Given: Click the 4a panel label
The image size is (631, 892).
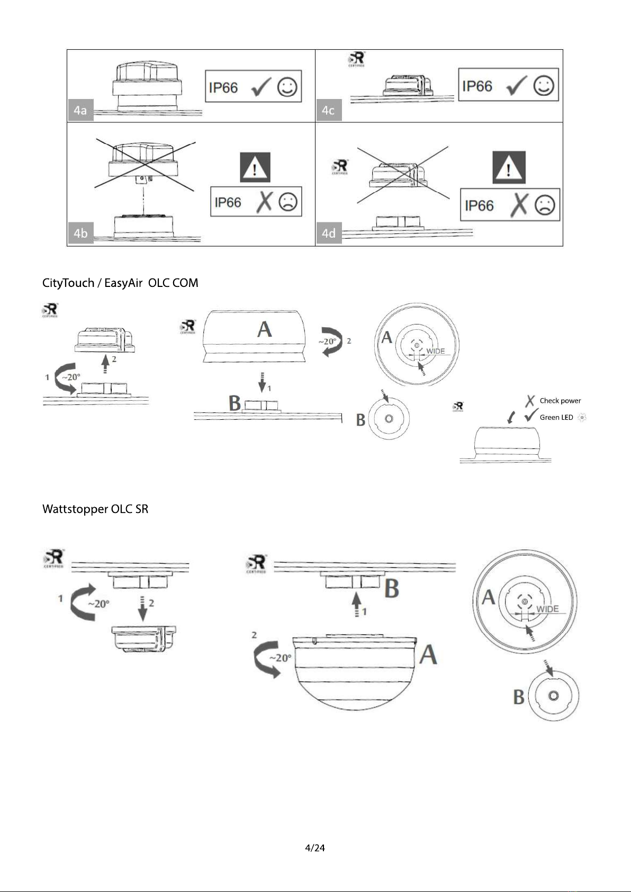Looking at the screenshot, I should [80, 110].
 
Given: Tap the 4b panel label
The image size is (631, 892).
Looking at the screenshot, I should [80, 233].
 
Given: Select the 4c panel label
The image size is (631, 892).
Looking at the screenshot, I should [328, 110].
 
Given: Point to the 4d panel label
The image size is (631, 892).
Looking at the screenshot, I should [329, 233].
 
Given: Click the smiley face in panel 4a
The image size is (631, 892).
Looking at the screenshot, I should [287, 87].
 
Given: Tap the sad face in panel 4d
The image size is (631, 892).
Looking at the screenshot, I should [545, 205].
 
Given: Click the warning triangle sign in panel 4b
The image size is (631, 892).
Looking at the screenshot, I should [255, 167].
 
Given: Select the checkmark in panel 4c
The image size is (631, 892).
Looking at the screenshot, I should [516, 86].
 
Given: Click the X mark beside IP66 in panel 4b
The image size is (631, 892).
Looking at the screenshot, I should [264, 202].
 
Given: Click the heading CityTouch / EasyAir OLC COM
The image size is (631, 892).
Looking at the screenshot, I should [120, 283].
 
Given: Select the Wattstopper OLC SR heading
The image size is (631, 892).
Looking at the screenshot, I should [95, 509].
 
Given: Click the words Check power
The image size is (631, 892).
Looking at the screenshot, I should [560, 401].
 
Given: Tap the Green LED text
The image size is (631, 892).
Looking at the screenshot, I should [556, 417].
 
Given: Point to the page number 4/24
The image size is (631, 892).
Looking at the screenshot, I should [315, 848].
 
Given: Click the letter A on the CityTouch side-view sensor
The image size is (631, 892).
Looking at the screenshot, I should [264, 329].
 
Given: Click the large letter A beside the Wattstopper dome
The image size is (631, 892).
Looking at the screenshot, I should [428, 655].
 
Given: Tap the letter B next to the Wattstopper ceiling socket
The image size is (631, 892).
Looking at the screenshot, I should [392, 588].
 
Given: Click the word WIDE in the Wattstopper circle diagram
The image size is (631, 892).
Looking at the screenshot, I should [547, 609].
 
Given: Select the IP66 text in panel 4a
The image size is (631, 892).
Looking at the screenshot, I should [223, 88].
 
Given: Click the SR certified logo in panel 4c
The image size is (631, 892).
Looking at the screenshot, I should [356, 59].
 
